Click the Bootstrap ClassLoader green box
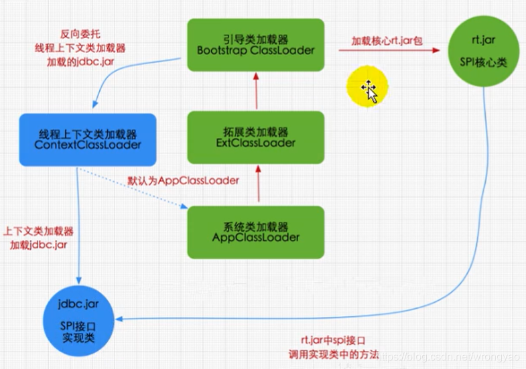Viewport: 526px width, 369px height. pyautogui.click(x=256, y=44)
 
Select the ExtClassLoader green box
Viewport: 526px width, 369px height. pyautogui.click(x=256, y=137)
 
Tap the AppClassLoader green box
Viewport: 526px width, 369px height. pyautogui.click(x=256, y=230)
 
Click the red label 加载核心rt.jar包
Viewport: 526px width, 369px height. pyautogui.click(x=387, y=41)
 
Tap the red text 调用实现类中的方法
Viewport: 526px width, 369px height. pyautogui.click(x=334, y=352)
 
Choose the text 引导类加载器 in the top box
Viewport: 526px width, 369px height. pyautogui.click(x=256, y=38)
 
